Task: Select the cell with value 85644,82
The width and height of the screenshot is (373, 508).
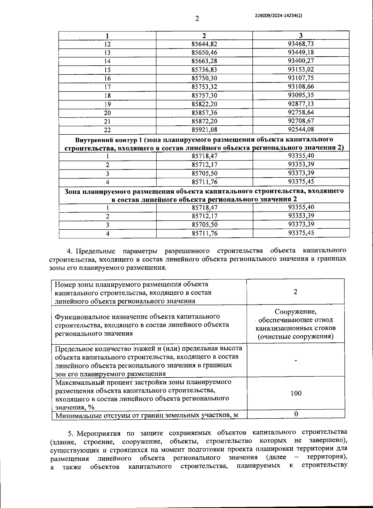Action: [204, 44]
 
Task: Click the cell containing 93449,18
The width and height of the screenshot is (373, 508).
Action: [301, 52]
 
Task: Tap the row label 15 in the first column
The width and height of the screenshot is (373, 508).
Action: [108, 70]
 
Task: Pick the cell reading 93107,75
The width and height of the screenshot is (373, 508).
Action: [301, 78]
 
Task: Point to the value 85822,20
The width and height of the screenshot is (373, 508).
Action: [204, 104]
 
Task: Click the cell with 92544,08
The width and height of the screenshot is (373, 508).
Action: [301, 129]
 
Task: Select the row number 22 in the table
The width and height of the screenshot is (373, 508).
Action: [108, 130]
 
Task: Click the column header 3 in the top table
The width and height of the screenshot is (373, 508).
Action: [301, 35]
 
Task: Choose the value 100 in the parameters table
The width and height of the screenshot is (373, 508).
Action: [296, 394]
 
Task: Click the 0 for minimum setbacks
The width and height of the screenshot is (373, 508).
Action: [296, 414]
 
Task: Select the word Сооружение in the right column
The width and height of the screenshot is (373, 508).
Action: [295, 312]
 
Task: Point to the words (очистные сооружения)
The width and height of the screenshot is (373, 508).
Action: [295, 337]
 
